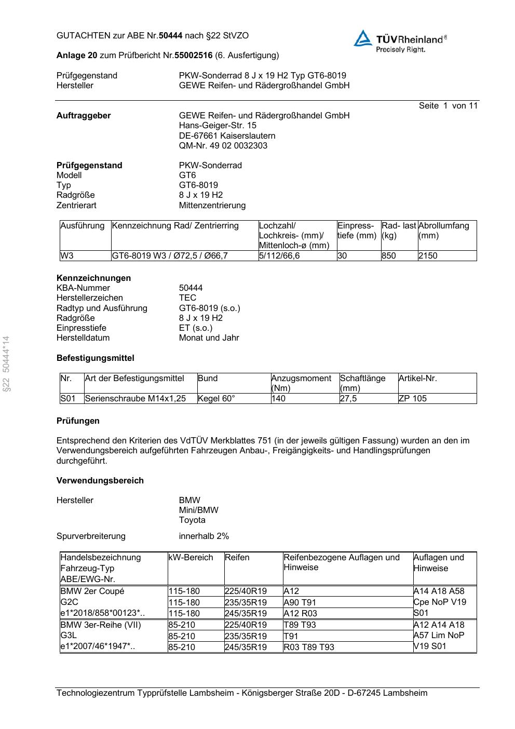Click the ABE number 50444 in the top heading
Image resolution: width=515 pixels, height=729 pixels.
[170, 35]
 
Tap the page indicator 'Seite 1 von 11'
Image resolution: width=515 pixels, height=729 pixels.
[448, 106]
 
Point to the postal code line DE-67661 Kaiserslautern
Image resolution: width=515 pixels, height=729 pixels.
[227, 136]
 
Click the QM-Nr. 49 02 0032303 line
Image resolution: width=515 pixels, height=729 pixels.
[223, 145]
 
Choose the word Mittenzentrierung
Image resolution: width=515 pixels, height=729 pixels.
[212, 205]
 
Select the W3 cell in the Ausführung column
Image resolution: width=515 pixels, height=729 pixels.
[67, 255]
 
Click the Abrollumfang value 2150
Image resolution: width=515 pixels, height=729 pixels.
[428, 255]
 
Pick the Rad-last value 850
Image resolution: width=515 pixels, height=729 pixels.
[388, 255]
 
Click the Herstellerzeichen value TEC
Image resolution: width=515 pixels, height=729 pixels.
[187, 298]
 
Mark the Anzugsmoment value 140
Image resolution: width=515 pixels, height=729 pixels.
[278, 399]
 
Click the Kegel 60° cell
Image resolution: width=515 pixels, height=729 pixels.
[216, 399]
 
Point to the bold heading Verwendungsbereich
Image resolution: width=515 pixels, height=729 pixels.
[100, 480]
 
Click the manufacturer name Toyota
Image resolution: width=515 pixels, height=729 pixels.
[192, 520]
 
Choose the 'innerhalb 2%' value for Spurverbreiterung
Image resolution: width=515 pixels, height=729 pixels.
[204, 536]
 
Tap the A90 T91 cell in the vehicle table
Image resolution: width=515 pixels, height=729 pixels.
[300, 602]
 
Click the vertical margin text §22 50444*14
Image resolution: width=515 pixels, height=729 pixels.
[6, 364]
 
